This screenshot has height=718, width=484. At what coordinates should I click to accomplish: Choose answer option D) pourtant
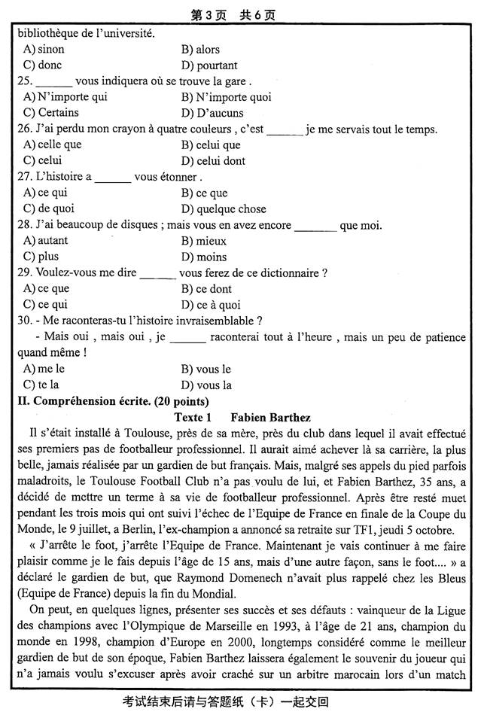(209, 65)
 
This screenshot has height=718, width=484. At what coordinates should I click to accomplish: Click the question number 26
(24, 129)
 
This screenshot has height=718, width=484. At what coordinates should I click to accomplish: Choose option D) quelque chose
(224, 209)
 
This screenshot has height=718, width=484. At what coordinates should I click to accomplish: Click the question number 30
(24, 321)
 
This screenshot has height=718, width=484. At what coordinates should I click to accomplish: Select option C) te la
(42, 385)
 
